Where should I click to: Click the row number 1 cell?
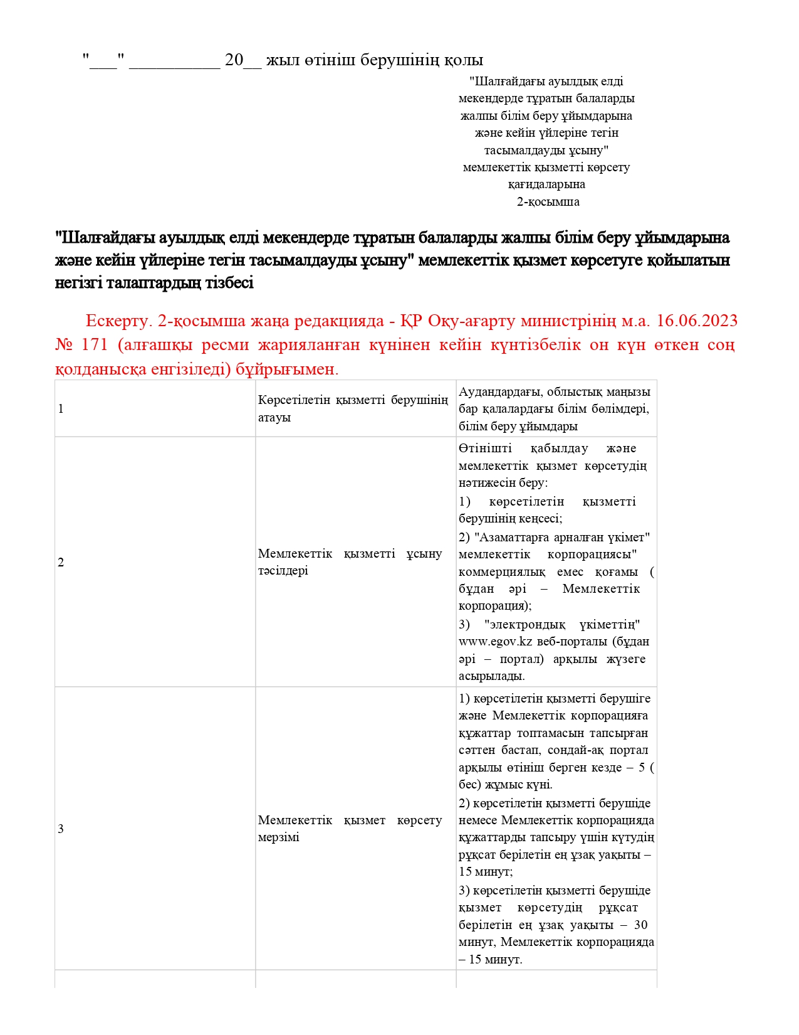click(x=61, y=409)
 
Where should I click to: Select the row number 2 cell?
click(x=61, y=562)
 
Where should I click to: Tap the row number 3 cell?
click(x=61, y=829)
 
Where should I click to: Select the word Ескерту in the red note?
click(x=117, y=321)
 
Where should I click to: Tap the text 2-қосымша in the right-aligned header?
click(x=548, y=202)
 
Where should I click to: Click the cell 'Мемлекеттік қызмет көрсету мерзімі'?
click(x=350, y=829)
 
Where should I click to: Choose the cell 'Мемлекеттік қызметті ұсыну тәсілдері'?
click(x=350, y=562)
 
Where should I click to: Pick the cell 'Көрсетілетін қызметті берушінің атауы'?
click(x=353, y=409)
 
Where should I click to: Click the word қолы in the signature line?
click(x=464, y=60)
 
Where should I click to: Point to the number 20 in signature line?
click(x=234, y=60)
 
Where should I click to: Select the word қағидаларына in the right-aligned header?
click(x=546, y=184)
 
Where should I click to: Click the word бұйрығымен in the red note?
click(x=288, y=369)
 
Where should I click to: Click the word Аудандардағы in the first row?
click(x=500, y=392)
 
